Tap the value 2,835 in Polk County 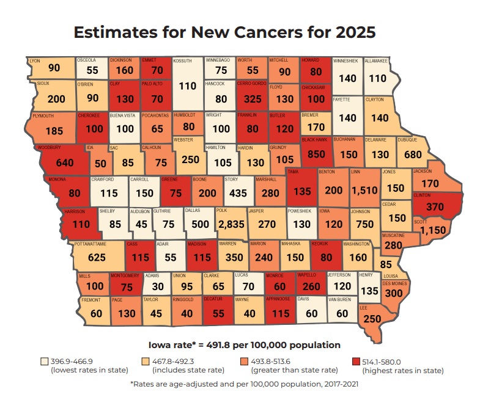coord(231,224)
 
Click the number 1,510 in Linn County coord(364,191)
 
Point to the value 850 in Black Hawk coord(317,154)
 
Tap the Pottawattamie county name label coord(91,244)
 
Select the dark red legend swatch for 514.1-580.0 coord(356,362)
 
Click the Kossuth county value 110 coord(188,86)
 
